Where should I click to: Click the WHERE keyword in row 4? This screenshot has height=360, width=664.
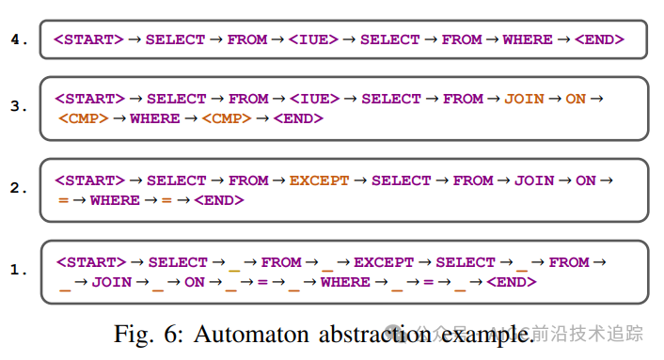coord(528,39)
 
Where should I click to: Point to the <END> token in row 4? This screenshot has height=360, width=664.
coord(598,39)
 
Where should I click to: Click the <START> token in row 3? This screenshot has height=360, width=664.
coord(89,99)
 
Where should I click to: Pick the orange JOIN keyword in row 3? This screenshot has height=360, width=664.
coord(524,99)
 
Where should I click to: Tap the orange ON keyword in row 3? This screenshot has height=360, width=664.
coord(576,99)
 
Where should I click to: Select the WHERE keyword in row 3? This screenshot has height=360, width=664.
coord(155,119)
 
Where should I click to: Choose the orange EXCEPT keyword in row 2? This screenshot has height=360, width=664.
coord(319,180)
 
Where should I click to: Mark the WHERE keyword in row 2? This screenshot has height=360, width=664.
coord(115,200)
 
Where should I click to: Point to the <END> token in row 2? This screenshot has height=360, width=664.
coord(218,200)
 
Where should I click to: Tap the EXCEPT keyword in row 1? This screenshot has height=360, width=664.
coord(383,262)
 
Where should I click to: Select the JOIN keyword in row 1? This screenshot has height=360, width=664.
coord(112,282)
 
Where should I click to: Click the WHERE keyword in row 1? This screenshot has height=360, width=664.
coord(345,282)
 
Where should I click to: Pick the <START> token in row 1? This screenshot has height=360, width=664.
coord(90,262)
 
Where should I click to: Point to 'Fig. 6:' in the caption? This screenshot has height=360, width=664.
coord(142,334)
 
